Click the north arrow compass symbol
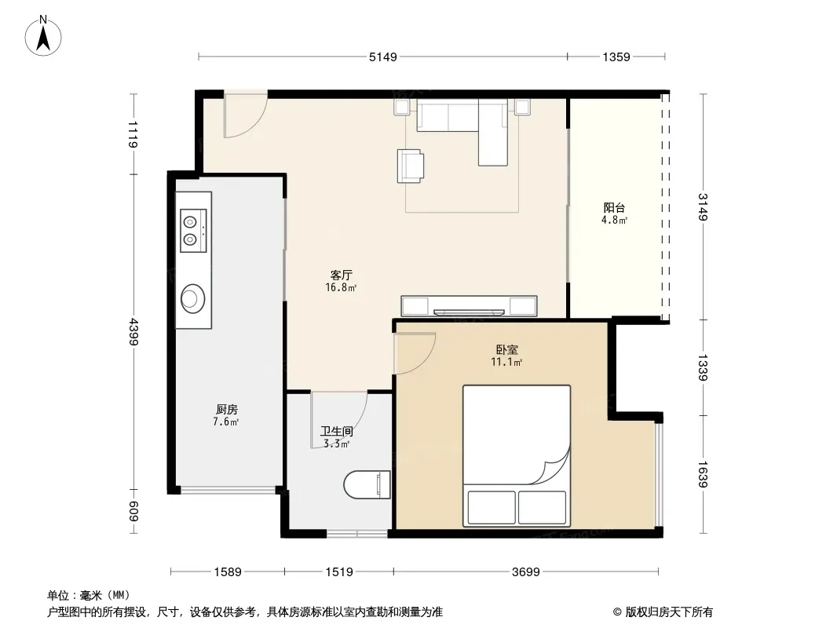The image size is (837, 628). tap(43, 36)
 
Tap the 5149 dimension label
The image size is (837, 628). tap(382, 57)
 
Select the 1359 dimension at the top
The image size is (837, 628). tap(616, 57)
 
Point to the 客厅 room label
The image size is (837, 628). tap(341, 275)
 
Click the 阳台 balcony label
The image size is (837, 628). tap(615, 207)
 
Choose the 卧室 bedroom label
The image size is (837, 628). tap(506, 349)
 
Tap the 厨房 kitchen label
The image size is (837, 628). tap(226, 409)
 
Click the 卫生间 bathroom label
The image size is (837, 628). tap(336, 431)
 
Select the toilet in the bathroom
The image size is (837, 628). tap(367, 484)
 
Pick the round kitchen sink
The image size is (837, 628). tap(192, 298)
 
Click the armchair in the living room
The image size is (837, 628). tap(411, 166)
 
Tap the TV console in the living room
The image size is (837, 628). tap(470, 305)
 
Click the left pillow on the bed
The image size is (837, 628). tap(492, 507)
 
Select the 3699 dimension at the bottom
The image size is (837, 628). tap(526, 572)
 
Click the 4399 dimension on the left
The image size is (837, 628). tap(133, 331)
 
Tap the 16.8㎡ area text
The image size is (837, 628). tap(341, 287)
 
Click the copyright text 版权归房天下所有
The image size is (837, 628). tap(669, 612)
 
